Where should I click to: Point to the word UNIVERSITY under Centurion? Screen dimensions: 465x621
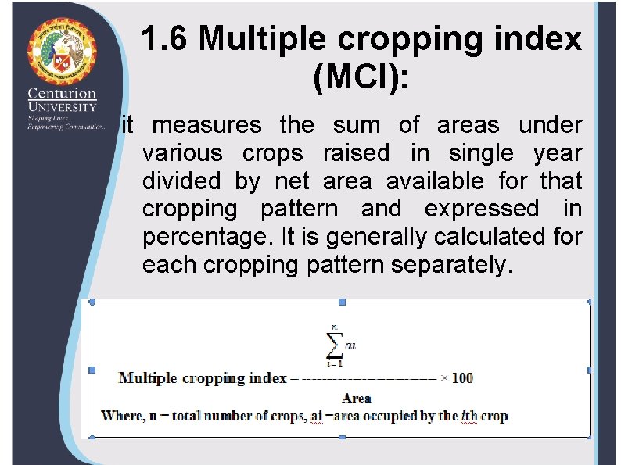click(x=63, y=106)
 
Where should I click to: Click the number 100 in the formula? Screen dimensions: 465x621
click(x=462, y=378)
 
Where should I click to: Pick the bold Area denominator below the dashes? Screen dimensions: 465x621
click(x=356, y=399)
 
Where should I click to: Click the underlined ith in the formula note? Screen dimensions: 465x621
click(x=469, y=416)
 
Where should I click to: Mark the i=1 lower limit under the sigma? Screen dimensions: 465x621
click(x=335, y=363)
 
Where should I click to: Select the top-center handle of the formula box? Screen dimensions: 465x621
click(x=341, y=302)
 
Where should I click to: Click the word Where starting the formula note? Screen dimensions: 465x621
click(x=122, y=416)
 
